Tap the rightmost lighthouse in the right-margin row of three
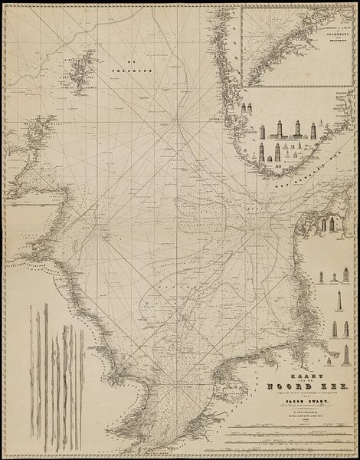click(346, 330)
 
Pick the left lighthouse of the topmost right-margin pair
click(322, 224)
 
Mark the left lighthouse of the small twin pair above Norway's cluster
click(244, 109)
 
